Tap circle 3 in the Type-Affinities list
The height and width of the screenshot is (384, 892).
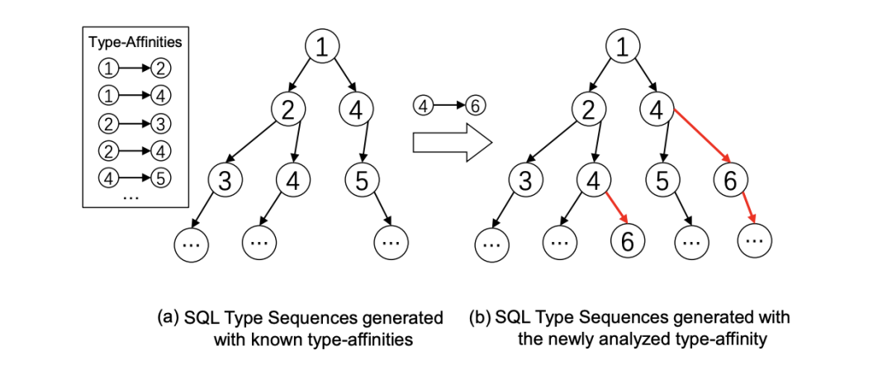[x=161, y=123]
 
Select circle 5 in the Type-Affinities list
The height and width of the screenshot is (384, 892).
[x=161, y=178]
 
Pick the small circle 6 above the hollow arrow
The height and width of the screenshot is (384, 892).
[x=475, y=105]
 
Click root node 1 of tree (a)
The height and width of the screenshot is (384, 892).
[x=322, y=47]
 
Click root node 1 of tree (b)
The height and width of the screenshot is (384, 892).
[x=624, y=47]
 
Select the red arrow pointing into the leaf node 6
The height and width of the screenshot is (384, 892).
[x=618, y=207]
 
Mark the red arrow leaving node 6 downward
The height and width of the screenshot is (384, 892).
[x=748, y=208]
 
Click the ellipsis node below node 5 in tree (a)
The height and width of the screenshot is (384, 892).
[x=391, y=241]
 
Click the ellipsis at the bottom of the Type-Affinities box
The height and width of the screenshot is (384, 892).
[x=130, y=197]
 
